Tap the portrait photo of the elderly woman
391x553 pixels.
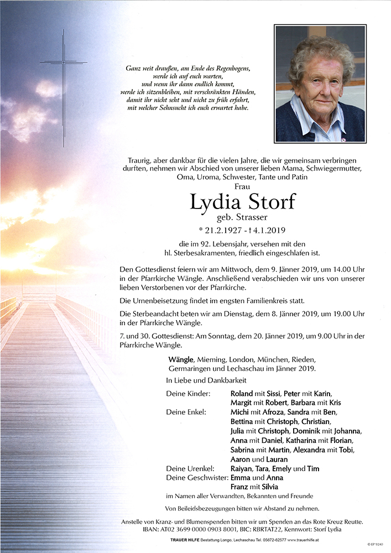[x=320, y=83]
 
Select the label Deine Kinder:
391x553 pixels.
[x=188, y=393]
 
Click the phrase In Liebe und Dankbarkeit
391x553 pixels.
[x=206, y=380]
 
